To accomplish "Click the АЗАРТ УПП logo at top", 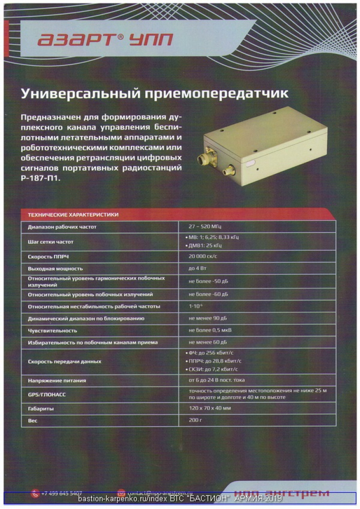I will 106,40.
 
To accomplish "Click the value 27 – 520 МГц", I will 205,227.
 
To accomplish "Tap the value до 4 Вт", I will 199,268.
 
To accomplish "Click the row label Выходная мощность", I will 55,268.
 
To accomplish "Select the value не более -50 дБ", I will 208,281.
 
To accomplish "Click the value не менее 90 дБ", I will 208,318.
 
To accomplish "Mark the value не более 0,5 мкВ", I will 210,330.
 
